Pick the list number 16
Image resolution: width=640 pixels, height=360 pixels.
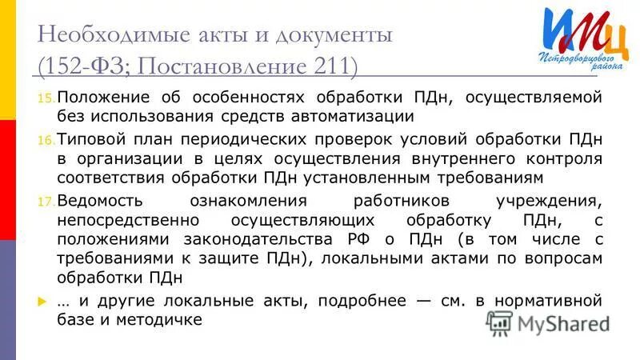(45, 140)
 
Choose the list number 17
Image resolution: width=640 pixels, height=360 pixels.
(45, 201)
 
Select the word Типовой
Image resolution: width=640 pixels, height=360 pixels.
(86, 138)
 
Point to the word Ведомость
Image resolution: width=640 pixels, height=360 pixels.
(96, 199)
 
